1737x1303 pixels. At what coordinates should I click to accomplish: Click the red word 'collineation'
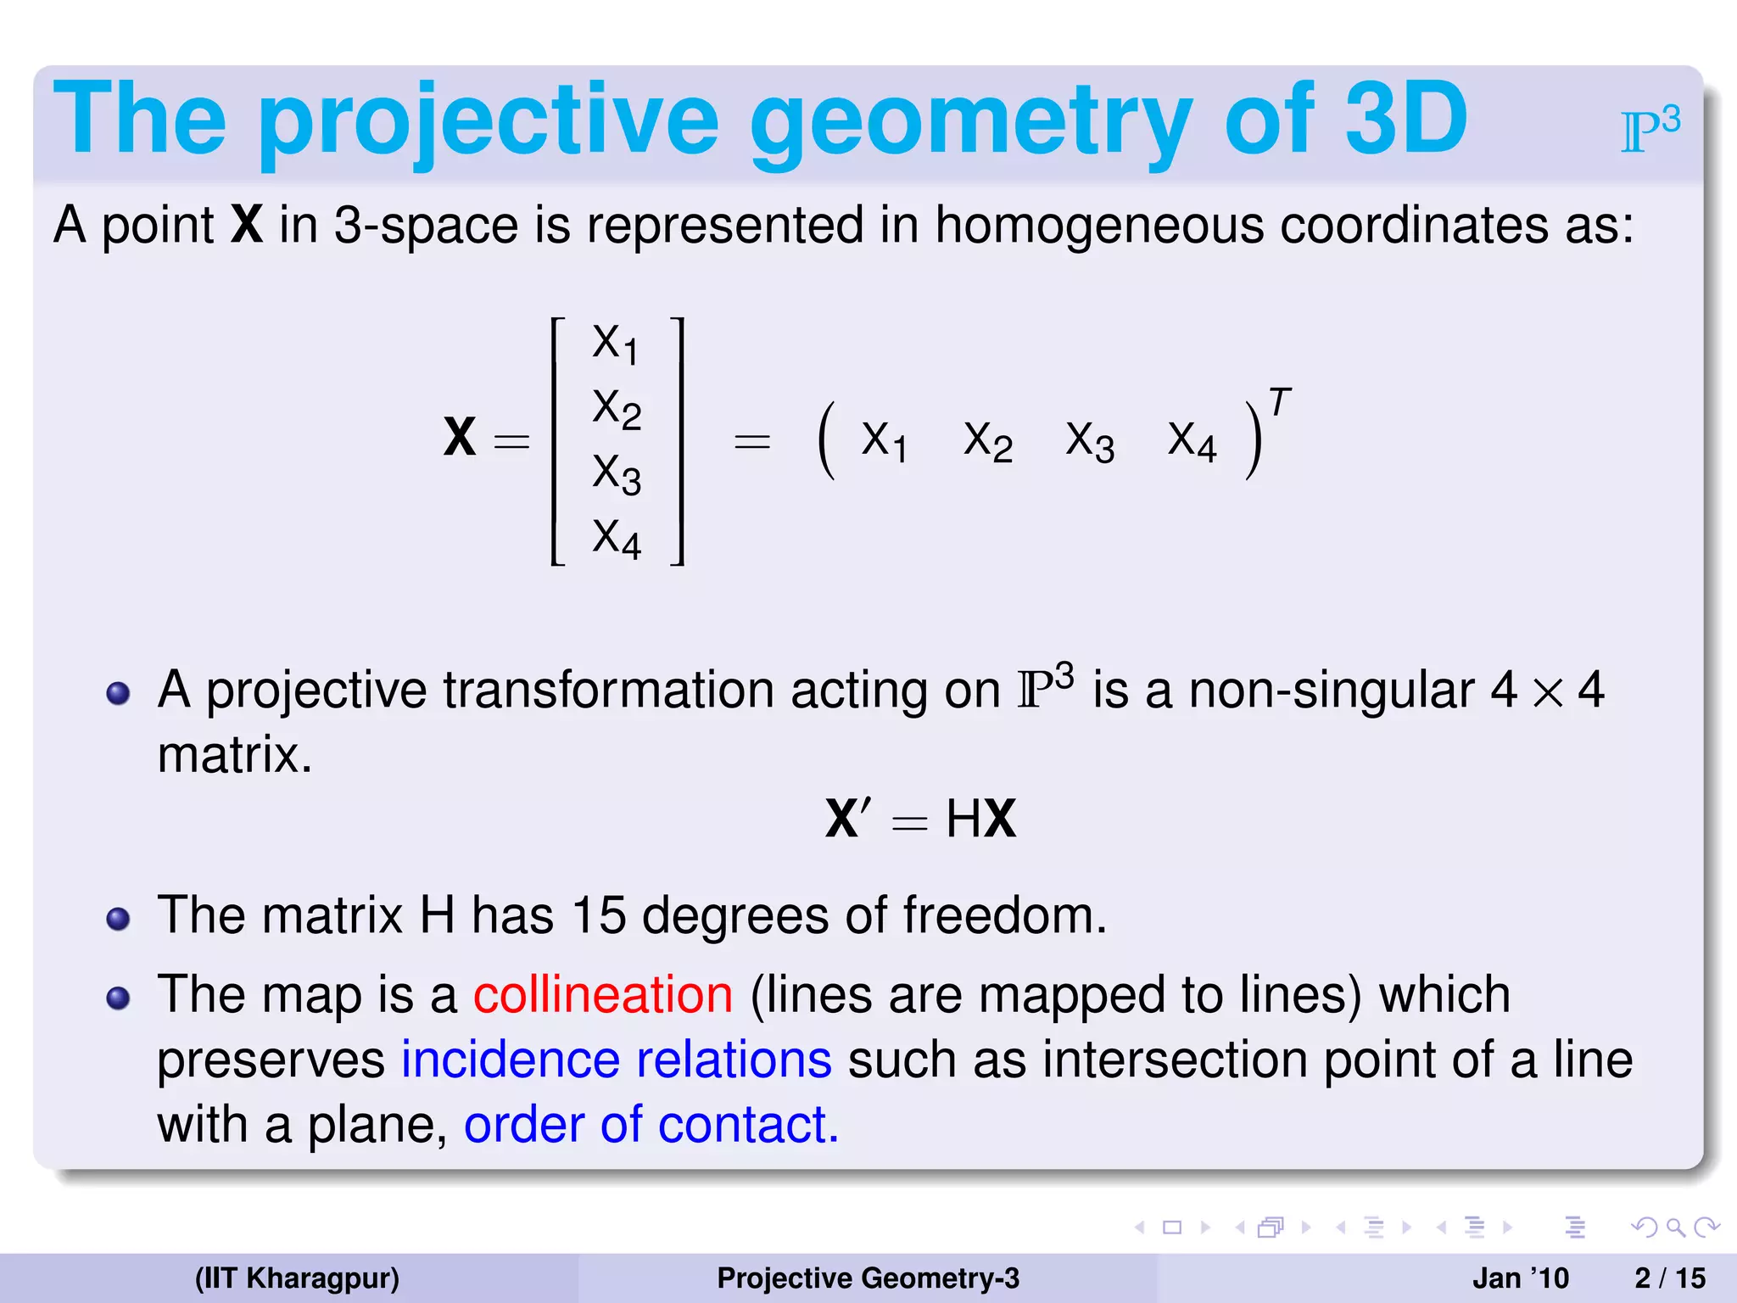602,994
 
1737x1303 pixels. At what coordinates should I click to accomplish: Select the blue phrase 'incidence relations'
617,1060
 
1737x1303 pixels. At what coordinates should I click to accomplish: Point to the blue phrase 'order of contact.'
651,1125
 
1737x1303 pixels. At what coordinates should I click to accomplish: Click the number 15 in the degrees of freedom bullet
598,915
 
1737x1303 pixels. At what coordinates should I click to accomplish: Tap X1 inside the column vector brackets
615,344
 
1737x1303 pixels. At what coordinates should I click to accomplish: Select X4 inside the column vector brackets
616,538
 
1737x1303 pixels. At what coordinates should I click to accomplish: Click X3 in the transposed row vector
1089,442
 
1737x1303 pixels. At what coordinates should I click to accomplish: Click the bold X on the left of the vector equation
460,438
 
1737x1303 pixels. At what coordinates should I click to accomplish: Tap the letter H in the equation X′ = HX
963,819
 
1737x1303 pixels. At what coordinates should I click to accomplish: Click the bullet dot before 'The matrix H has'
118,919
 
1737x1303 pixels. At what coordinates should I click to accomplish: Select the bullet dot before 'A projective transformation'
118,693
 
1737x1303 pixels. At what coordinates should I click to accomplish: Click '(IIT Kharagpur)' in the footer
297,1278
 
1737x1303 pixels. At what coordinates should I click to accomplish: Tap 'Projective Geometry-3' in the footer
868,1278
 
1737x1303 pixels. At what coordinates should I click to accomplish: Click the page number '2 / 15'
1669,1278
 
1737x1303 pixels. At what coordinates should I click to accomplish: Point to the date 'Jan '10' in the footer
1520,1278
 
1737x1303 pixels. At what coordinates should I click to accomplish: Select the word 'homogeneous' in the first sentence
1098,226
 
